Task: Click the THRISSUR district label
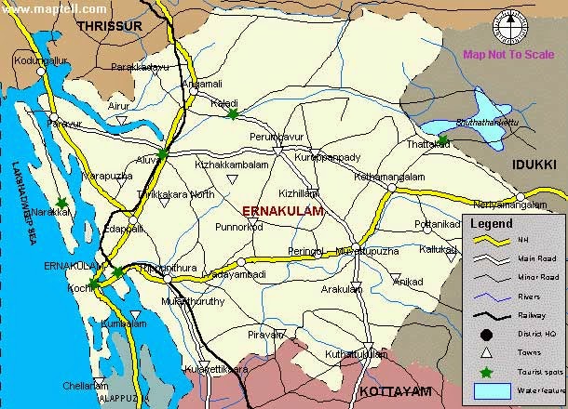click(x=110, y=27)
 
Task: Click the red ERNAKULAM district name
click(x=282, y=212)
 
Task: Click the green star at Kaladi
click(x=232, y=114)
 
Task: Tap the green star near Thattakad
click(x=443, y=140)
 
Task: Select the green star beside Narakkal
click(x=61, y=202)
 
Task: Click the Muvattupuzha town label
click(x=353, y=251)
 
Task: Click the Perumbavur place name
click(x=277, y=138)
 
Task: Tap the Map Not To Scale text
click(x=508, y=54)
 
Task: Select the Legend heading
click(x=492, y=223)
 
